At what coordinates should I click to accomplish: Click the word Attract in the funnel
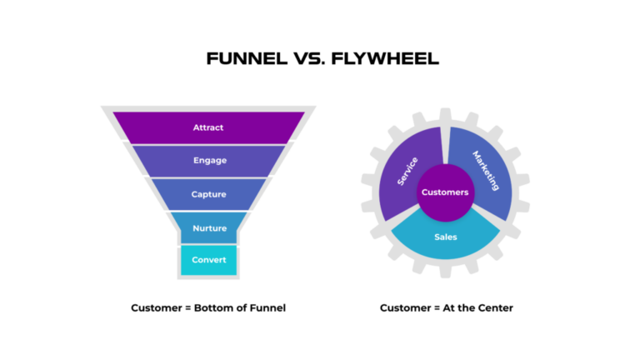tap(208, 127)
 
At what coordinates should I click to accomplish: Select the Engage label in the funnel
tap(208, 160)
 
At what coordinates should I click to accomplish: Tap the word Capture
tap(208, 194)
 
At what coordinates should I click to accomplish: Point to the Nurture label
tap(208, 228)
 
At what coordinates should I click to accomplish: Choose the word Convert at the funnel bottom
tap(208, 260)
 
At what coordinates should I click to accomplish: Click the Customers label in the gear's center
tap(445, 192)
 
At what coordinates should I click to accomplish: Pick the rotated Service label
tap(407, 171)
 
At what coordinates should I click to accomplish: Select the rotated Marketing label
tap(485, 170)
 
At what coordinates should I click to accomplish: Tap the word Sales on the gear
tap(445, 237)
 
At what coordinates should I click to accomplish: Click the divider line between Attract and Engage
tap(208, 144)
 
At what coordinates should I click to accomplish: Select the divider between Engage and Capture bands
tap(208, 177)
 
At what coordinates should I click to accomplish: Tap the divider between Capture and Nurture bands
tap(208, 211)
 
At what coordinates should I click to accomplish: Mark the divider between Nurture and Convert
tap(208, 244)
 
